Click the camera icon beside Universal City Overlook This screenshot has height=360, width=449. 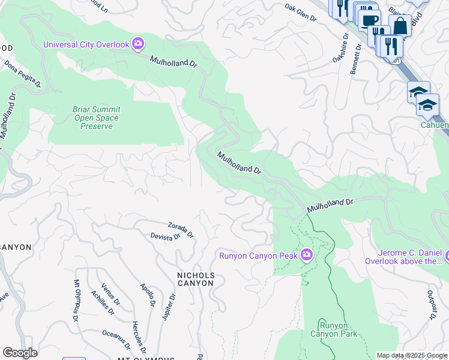tap(139, 43)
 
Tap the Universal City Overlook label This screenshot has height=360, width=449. tap(86, 44)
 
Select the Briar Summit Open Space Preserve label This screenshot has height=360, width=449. tap(96, 118)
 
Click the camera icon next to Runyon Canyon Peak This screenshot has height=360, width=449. tap(307, 256)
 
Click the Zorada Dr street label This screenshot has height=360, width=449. tap(181, 229)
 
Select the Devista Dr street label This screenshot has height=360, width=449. tap(166, 237)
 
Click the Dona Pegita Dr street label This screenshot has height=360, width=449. tap(22, 73)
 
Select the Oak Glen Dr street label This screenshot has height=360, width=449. tap(300, 12)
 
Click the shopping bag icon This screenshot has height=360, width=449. tap(400, 26)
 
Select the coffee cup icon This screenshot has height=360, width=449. tap(369, 20)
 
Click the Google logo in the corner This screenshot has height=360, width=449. tap(20, 353)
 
